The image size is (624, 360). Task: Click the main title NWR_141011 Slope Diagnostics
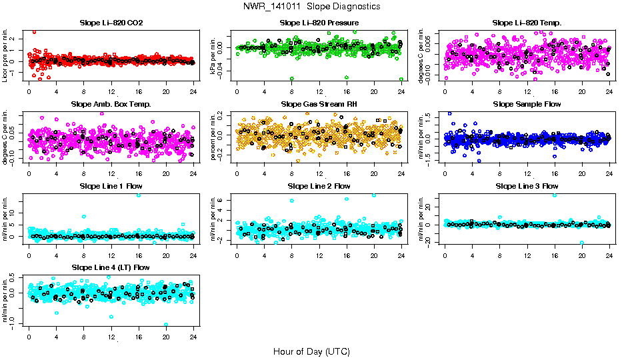[312, 6]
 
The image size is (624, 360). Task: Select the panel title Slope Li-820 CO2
[111, 23]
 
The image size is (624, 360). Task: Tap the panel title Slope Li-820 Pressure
[319, 23]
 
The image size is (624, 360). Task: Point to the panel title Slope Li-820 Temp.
[527, 23]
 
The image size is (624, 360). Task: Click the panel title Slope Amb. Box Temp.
[111, 104]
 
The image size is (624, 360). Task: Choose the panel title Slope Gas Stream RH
[319, 104]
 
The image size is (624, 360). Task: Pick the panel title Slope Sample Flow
[527, 104]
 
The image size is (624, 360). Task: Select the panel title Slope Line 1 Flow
[111, 185]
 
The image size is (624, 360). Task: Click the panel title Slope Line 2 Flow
[319, 185]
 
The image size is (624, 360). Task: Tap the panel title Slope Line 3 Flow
[527, 185]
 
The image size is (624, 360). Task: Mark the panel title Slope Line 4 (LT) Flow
[111, 267]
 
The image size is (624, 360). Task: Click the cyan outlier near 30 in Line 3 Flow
[555, 195]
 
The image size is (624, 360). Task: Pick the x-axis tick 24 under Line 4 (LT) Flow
[193, 337]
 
